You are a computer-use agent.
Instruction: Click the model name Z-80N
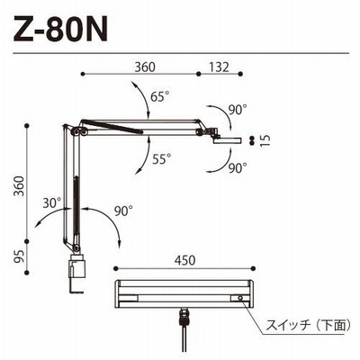(x=60, y=28)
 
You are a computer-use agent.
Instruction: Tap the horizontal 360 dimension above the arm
(x=145, y=67)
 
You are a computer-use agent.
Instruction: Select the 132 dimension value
(x=219, y=67)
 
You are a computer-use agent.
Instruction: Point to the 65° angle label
(x=160, y=96)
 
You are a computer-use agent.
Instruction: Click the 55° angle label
(x=162, y=159)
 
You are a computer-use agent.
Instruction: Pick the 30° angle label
(x=52, y=203)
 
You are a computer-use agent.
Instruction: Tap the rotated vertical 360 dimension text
(x=19, y=186)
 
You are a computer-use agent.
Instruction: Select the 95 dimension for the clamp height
(x=19, y=256)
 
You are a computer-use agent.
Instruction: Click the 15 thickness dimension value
(x=265, y=140)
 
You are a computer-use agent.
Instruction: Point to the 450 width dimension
(x=184, y=260)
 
